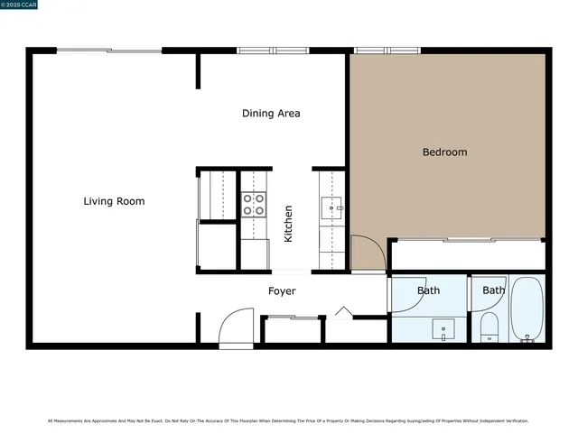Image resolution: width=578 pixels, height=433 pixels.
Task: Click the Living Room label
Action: click(x=114, y=201)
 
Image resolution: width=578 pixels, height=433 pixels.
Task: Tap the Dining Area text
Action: click(x=271, y=114)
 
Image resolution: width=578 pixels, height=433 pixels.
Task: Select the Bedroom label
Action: click(x=444, y=152)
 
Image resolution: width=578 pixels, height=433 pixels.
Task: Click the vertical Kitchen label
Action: click(x=288, y=223)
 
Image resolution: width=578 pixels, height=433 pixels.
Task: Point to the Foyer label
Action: click(x=282, y=291)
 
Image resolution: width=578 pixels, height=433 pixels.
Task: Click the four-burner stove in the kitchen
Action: click(x=255, y=205)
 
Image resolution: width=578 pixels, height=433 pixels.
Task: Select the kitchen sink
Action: click(x=332, y=209)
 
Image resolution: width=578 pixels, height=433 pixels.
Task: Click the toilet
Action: click(x=489, y=327)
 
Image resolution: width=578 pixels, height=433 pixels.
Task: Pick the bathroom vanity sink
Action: click(x=443, y=329)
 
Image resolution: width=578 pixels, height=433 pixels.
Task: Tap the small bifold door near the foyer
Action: click(x=342, y=312)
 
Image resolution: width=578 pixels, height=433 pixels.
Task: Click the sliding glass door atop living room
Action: click(x=109, y=51)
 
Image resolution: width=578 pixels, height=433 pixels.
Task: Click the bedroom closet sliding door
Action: click(x=467, y=240)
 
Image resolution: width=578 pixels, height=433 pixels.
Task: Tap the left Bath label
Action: click(x=428, y=290)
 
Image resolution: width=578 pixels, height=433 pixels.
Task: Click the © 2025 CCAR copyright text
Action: click(x=19, y=5)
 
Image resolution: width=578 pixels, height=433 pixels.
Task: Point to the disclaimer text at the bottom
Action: click(x=288, y=420)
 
